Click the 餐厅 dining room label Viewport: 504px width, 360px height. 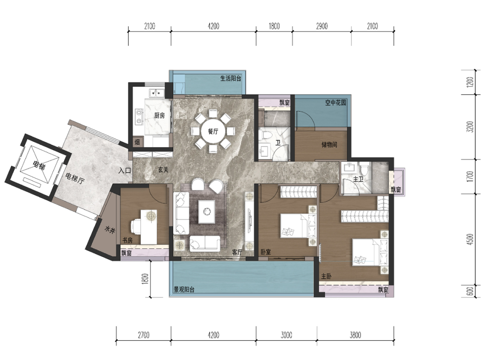point(213,132)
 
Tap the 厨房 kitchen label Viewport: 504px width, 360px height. point(160,115)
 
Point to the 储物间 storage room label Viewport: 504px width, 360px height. point(329,144)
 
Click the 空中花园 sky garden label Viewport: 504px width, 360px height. point(336,103)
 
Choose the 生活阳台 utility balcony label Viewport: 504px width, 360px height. point(231,78)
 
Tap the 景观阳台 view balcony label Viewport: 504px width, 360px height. point(184,289)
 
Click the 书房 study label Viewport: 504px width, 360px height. point(127,240)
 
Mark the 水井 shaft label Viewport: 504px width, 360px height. point(110,230)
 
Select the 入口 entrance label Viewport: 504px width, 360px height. point(125,170)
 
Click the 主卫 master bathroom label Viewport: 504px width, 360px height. point(358,179)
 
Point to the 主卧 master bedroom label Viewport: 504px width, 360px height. point(326,276)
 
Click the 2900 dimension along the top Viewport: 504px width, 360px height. point(322,26)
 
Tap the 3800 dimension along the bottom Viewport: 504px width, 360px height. point(355,335)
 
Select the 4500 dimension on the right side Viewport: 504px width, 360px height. point(470,240)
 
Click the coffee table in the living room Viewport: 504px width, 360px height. point(207,212)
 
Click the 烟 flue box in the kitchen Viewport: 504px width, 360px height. point(137,142)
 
